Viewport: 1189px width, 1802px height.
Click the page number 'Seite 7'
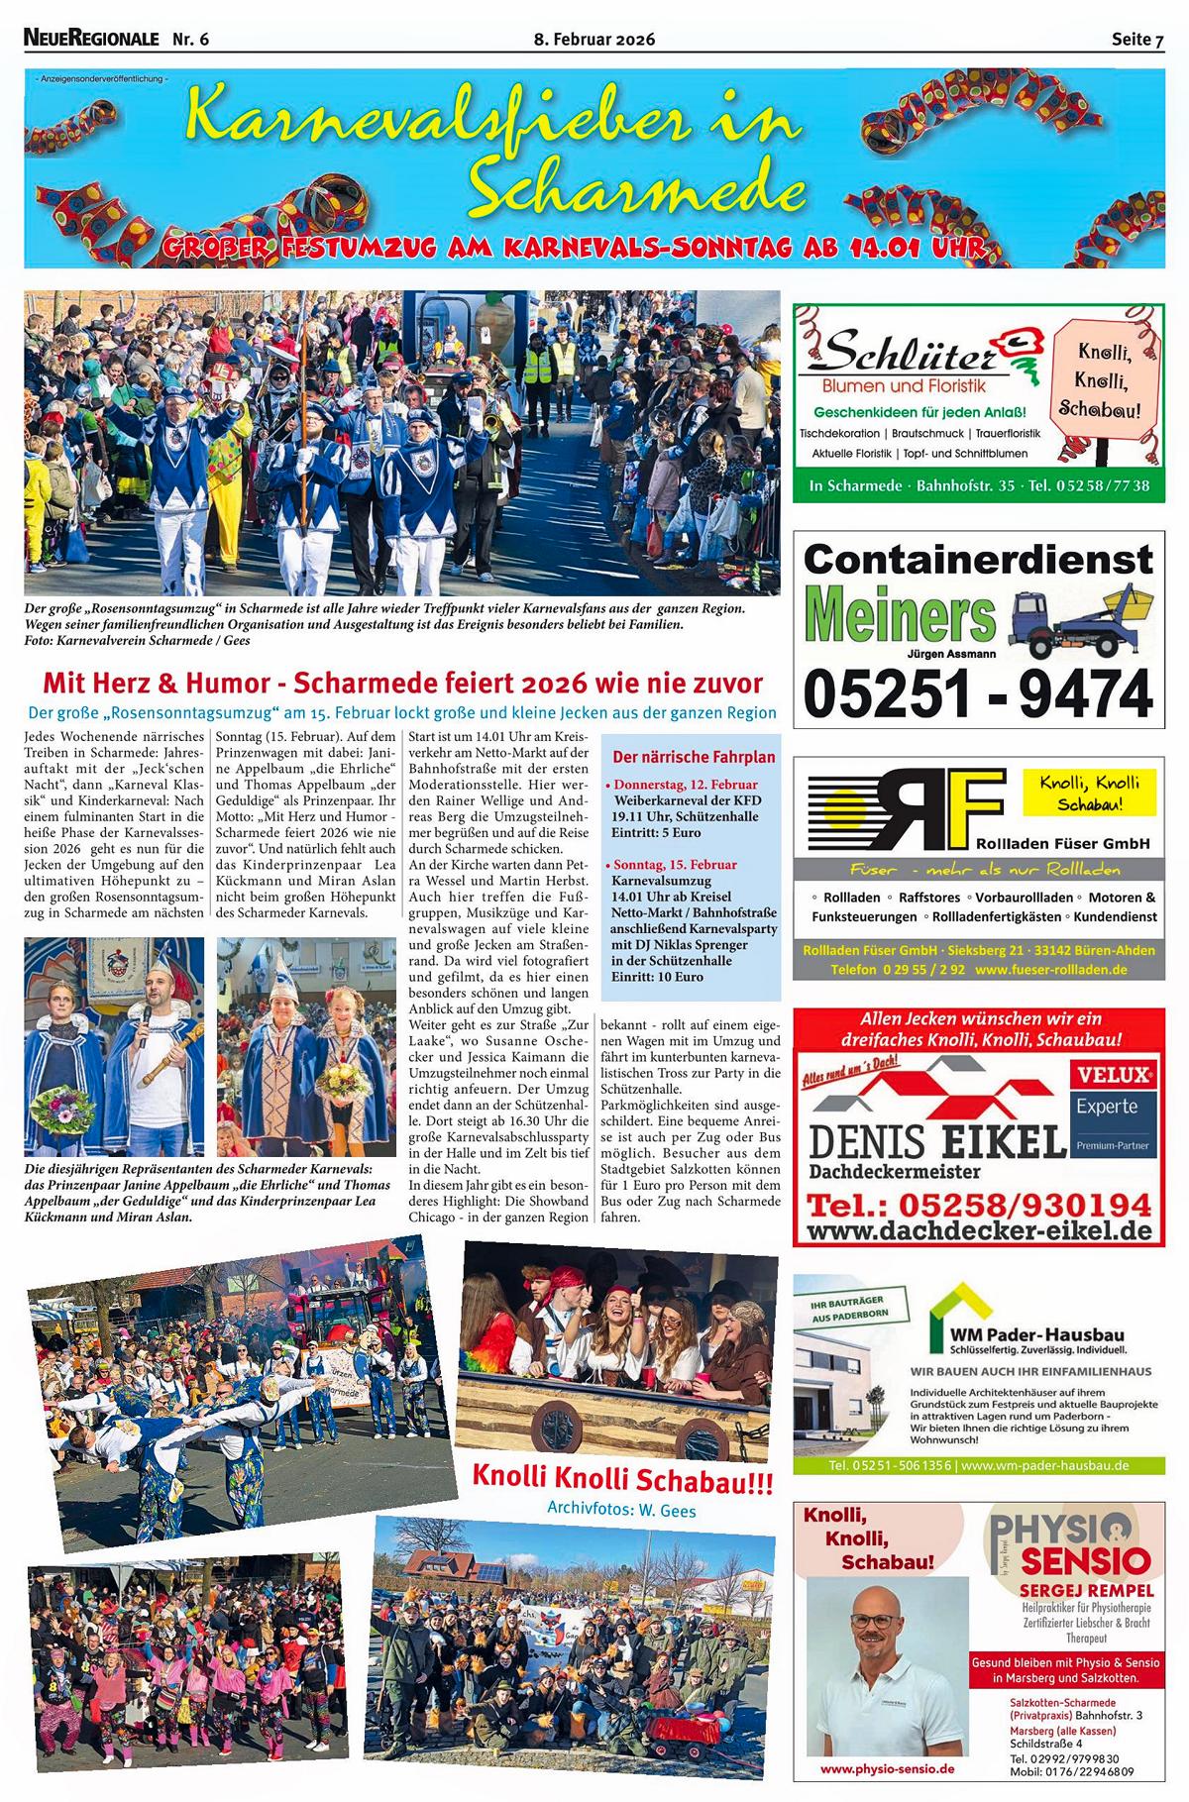[1136, 40]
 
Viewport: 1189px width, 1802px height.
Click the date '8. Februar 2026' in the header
[594, 40]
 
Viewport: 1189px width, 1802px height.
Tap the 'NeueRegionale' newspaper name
[91, 39]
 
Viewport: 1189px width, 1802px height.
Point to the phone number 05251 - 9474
[978, 692]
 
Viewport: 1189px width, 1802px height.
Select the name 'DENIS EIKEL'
[937, 1140]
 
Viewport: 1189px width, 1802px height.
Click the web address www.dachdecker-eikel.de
[979, 1230]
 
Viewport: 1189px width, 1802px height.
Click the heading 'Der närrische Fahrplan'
[694, 757]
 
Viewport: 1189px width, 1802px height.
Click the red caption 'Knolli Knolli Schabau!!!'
[622, 1479]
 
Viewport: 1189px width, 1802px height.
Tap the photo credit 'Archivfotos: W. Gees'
[621, 1511]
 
